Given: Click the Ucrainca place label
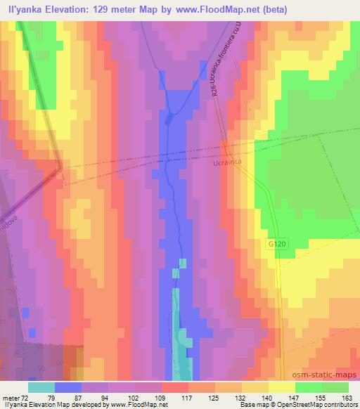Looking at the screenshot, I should tap(226, 161).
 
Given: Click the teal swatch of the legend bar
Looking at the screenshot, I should tap(41, 387).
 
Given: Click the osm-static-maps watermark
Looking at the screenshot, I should tap(330, 374).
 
